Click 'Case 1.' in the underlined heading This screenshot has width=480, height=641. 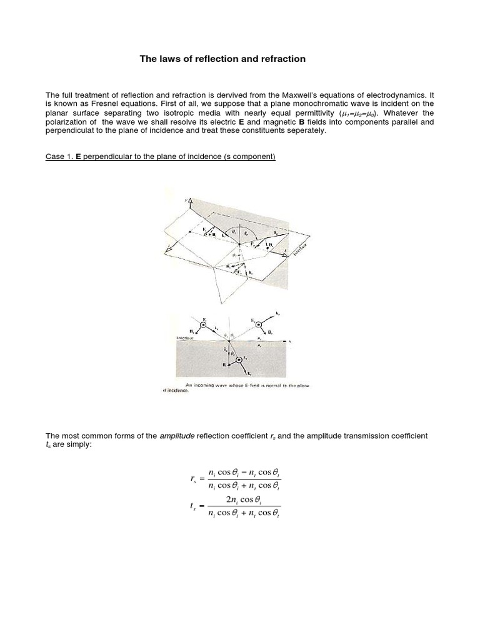(x=59, y=156)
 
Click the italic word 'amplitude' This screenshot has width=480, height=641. (x=176, y=436)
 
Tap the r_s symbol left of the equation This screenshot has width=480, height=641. (x=193, y=479)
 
